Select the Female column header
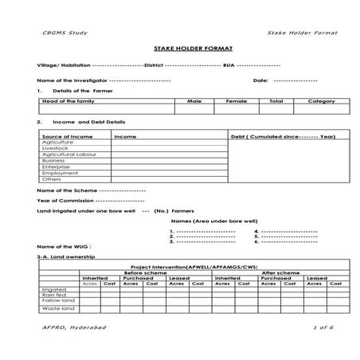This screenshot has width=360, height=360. (237, 102)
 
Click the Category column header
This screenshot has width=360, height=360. (321, 102)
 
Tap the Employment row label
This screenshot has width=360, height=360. (59, 173)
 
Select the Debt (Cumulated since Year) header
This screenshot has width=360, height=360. (283, 136)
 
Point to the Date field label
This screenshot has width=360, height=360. (260, 80)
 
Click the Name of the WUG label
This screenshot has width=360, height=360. (59, 246)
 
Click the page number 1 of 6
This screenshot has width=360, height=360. (324, 328)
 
